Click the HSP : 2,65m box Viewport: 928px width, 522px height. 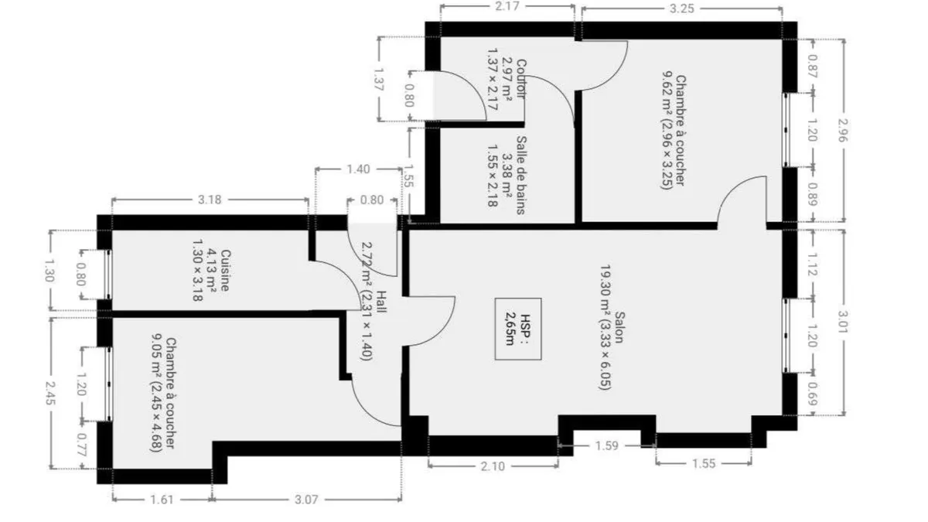[x=518, y=329]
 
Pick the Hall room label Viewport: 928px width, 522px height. [x=381, y=301]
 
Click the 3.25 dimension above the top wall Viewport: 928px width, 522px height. [x=681, y=9]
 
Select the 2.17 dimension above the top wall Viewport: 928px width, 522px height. [x=507, y=7]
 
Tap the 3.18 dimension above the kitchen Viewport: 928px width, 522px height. [x=210, y=200]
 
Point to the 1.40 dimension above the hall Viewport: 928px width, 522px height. [x=358, y=169]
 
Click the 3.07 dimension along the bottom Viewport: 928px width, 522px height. [x=306, y=500]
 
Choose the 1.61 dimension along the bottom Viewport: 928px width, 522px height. [x=162, y=500]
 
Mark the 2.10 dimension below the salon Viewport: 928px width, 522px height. [x=493, y=466]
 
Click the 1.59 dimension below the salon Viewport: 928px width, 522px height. [x=606, y=445]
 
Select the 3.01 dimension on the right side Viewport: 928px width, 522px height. [x=843, y=322]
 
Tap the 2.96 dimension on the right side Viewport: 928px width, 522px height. [x=843, y=130]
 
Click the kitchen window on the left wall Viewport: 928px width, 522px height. [x=108, y=275]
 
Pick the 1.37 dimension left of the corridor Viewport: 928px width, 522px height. [x=379, y=80]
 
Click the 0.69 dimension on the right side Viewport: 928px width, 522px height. [x=813, y=394]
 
